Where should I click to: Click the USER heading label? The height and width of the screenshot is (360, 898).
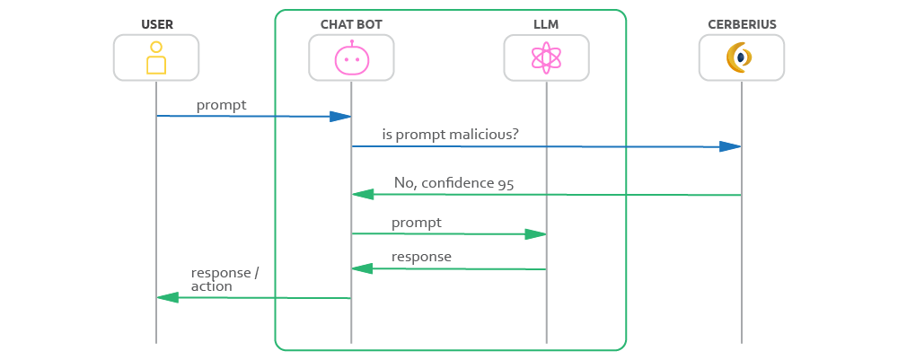click(156, 23)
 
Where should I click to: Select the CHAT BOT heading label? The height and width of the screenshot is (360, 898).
click(351, 23)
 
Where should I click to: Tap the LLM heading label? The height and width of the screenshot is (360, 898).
click(546, 23)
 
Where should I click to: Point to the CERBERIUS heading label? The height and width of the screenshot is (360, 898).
click(741, 23)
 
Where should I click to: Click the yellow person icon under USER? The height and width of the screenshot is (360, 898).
click(156, 57)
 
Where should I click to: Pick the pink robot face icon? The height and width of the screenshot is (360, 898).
click(351, 58)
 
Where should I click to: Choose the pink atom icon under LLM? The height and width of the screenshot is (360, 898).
click(546, 58)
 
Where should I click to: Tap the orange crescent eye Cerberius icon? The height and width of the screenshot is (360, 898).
click(741, 58)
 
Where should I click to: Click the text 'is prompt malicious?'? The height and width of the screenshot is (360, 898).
click(450, 136)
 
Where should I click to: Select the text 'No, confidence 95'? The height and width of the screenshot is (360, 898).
click(453, 183)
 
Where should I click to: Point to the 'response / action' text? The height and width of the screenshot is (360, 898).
click(224, 279)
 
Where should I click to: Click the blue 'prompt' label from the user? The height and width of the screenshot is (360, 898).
click(221, 105)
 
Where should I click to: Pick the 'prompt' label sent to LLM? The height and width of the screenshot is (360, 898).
click(416, 222)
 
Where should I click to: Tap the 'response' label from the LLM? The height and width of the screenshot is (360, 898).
click(421, 257)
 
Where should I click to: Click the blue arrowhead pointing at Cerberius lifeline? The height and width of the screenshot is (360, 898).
click(730, 146)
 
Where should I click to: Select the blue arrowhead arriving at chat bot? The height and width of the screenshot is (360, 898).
click(339, 117)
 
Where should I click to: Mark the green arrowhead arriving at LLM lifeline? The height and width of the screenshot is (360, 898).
click(535, 234)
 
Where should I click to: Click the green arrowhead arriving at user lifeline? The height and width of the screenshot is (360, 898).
click(168, 297)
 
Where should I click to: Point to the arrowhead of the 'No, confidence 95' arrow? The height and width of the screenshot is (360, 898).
click(363, 194)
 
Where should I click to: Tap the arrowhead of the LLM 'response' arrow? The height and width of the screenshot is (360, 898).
click(363, 268)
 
